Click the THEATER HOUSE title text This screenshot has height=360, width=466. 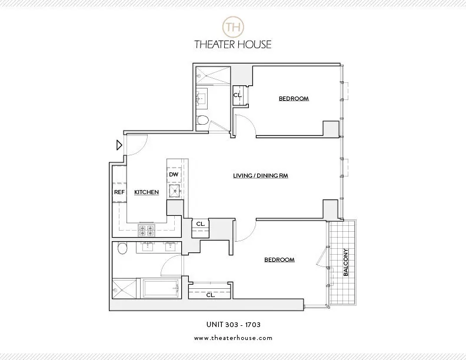[233, 44]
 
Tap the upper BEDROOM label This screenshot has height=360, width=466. [294, 98]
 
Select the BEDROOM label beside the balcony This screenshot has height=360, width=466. [279, 259]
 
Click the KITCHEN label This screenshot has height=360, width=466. [147, 192]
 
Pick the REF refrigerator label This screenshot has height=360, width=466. [119, 192]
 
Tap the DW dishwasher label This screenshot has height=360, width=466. [174, 175]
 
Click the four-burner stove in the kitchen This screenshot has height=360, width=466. [146, 231]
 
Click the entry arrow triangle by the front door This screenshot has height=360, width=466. [119, 145]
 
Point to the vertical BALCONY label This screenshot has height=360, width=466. [346, 262]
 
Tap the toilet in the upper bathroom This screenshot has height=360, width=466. [202, 121]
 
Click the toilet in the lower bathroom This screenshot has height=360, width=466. [122, 249]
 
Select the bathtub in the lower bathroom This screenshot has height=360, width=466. [161, 288]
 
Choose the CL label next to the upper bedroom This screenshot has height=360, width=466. [237, 95]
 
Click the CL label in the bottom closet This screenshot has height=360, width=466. [209, 295]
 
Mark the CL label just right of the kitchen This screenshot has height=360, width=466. [200, 224]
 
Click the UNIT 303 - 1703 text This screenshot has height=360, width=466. [233, 324]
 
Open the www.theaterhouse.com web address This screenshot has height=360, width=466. [233, 338]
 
